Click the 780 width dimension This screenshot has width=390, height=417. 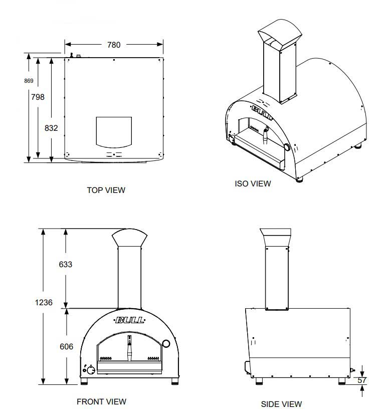pos(114,45)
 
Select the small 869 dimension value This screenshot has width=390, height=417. pos(29,81)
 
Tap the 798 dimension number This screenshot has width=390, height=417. pos(38,97)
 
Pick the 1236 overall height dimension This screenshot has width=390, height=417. pos(43,302)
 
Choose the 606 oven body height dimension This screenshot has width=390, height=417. pos(66,346)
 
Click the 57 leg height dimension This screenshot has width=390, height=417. pos(362,381)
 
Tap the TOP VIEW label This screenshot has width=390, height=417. pos(106,190)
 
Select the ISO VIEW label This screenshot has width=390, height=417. pos(253,183)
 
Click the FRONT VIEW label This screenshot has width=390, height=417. pos(101,401)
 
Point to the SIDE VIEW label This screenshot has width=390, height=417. pos(281,404)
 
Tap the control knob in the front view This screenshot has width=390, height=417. pos(91,371)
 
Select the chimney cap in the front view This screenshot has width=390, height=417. pos(129,238)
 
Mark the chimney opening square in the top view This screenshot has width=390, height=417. pos(114,131)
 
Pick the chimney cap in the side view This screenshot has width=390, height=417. pos(276,237)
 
